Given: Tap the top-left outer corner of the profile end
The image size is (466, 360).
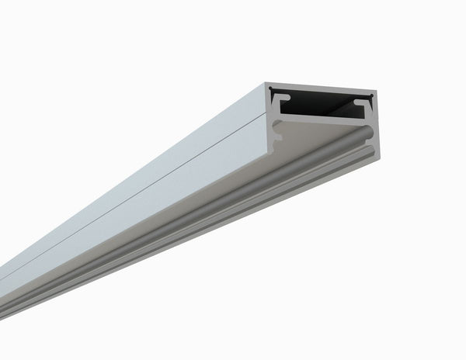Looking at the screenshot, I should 266,83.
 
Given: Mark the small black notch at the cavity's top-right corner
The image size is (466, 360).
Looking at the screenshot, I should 372,96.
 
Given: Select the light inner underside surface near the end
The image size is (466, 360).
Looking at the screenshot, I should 311,144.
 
